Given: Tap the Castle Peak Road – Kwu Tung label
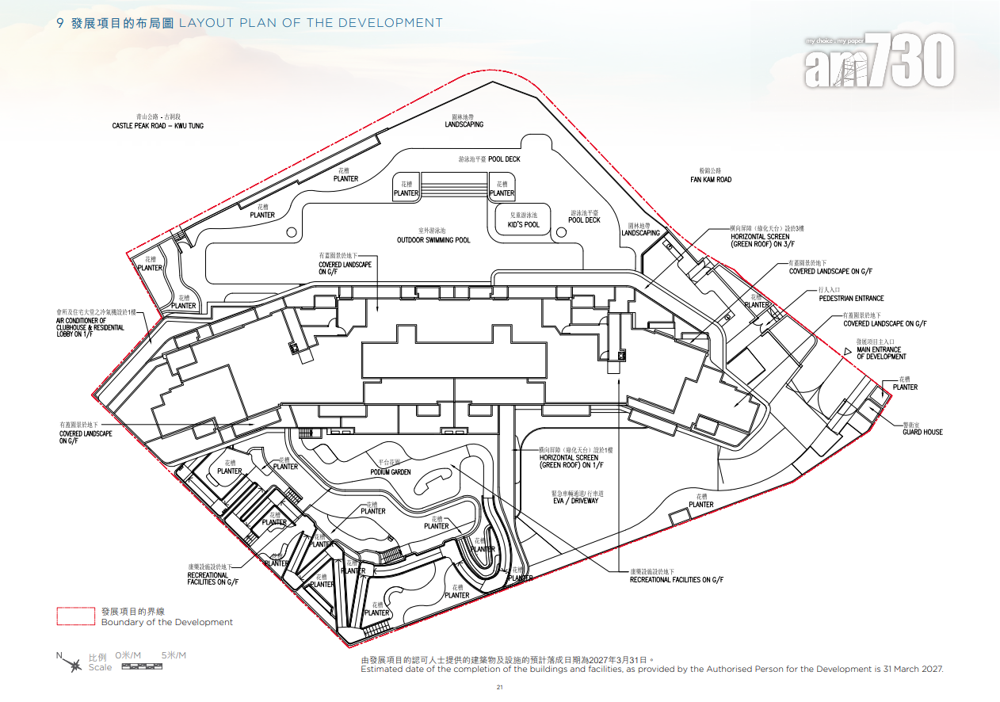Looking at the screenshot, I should click(x=157, y=125).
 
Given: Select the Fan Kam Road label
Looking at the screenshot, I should click(x=711, y=179).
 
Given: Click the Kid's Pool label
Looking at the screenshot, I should click(x=524, y=224).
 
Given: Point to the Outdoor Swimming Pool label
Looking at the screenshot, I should click(x=433, y=239).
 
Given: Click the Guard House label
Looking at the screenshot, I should click(x=922, y=432).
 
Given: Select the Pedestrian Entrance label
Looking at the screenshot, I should click(x=851, y=298).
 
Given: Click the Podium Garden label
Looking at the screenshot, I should click(x=391, y=471).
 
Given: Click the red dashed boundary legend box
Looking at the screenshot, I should click(x=77, y=616).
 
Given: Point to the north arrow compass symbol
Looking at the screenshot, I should click(x=74, y=664).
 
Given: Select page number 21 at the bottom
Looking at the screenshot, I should click(x=499, y=687).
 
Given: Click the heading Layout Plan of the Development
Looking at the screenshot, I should click(x=311, y=23).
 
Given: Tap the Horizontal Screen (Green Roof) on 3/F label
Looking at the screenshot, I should click(x=760, y=240).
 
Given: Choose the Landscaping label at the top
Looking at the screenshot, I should click(x=464, y=124).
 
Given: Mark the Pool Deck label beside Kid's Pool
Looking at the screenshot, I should click(x=585, y=219).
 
